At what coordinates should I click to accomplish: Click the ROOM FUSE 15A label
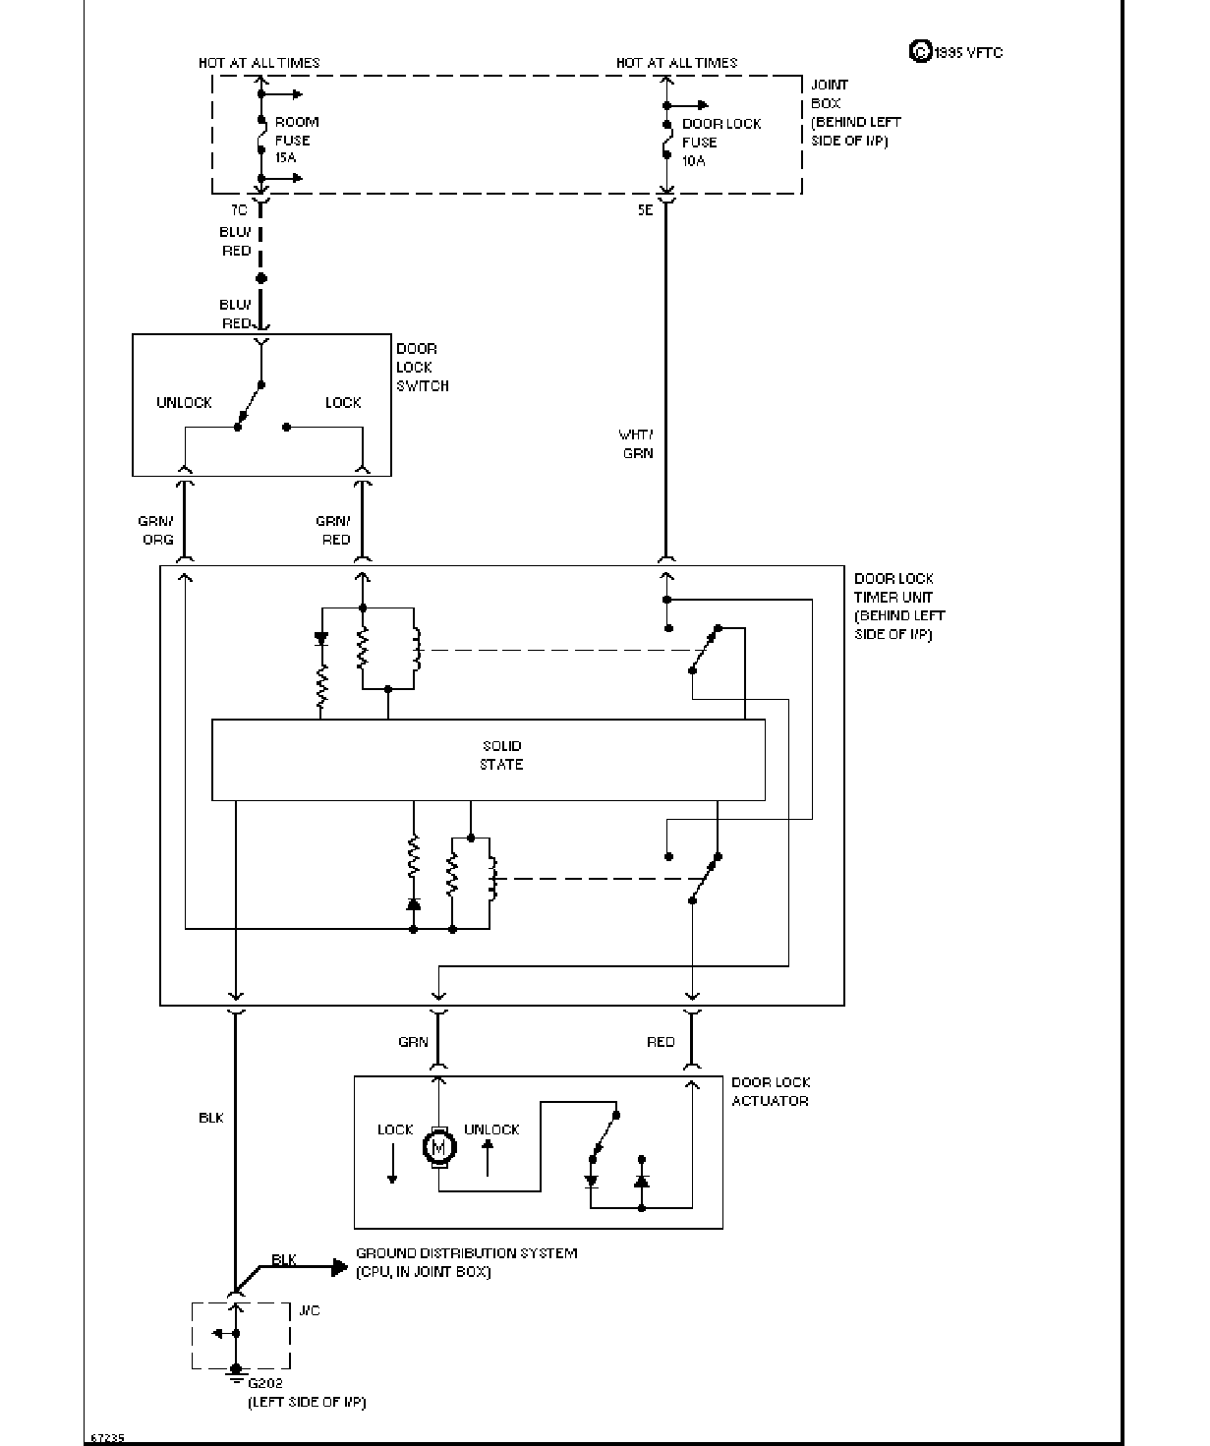pyautogui.click(x=297, y=140)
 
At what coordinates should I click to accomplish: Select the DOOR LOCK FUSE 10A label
pyautogui.click(x=721, y=142)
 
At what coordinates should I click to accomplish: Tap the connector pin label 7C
pyautogui.click(x=238, y=209)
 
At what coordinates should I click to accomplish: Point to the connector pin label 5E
pyautogui.click(x=645, y=209)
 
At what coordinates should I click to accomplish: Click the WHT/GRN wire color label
pyautogui.click(x=636, y=444)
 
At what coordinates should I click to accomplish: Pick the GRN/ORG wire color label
pyautogui.click(x=156, y=531)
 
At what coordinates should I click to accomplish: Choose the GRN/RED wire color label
pyautogui.click(x=333, y=531)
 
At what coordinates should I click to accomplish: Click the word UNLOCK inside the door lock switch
pyautogui.click(x=184, y=402)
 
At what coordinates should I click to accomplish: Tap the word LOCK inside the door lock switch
pyautogui.click(x=343, y=402)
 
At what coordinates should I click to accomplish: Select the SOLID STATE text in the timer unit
pyautogui.click(x=501, y=755)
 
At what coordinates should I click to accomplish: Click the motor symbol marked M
pyautogui.click(x=439, y=1147)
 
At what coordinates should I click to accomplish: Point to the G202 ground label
pyautogui.click(x=265, y=1383)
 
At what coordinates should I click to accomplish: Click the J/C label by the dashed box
pyautogui.click(x=309, y=1310)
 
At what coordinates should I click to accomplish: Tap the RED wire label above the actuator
pyautogui.click(x=661, y=1042)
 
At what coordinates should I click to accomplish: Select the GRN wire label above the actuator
pyautogui.click(x=413, y=1042)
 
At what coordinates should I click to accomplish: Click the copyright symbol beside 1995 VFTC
pyautogui.click(x=920, y=52)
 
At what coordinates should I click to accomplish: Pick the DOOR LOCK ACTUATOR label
pyautogui.click(x=771, y=1091)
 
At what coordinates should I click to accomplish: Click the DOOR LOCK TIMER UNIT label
pyautogui.click(x=899, y=606)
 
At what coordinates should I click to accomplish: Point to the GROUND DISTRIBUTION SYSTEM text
pyautogui.click(x=466, y=1252)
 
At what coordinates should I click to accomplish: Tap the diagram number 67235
pyautogui.click(x=107, y=1438)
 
